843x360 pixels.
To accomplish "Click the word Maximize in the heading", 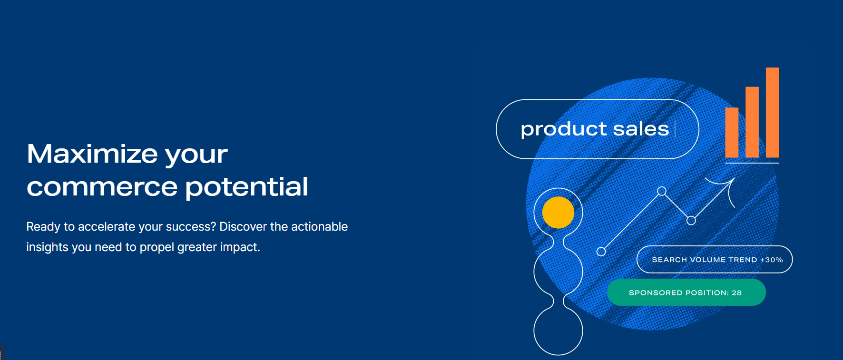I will (x=92, y=155).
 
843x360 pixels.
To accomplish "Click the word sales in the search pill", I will (x=641, y=129).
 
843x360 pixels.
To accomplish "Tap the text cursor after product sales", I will (x=675, y=129).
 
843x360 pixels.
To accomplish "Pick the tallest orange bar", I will (x=772, y=112).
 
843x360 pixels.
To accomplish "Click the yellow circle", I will (x=558, y=213).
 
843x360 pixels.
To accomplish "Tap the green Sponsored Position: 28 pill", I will (x=686, y=292).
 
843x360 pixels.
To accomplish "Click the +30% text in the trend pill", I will (x=771, y=260).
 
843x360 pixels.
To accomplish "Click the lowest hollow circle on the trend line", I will (x=601, y=252).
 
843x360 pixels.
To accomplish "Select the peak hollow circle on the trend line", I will (x=661, y=191).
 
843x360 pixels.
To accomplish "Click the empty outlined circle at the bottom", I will (x=558, y=331).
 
